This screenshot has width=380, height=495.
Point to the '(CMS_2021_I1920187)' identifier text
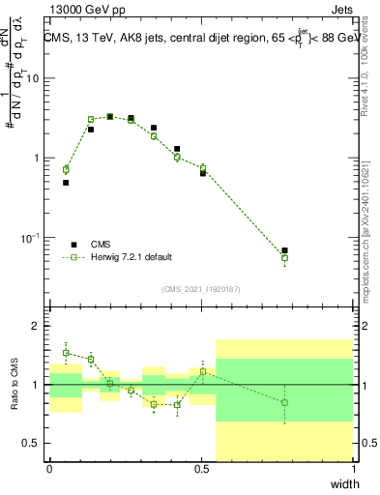pyautogui.click(x=200, y=287)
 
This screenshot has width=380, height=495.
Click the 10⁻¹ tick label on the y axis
pyautogui.click(x=31, y=238)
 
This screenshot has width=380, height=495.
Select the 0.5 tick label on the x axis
pyautogui.click(x=201, y=468)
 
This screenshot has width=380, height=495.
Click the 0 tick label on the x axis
pyautogui.click(x=49, y=468)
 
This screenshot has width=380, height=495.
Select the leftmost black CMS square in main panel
pyautogui.click(x=66, y=183)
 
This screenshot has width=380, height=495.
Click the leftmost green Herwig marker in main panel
pyautogui.click(x=66, y=169)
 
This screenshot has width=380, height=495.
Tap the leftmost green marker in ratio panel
pyautogui.click(x=66, y=352)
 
